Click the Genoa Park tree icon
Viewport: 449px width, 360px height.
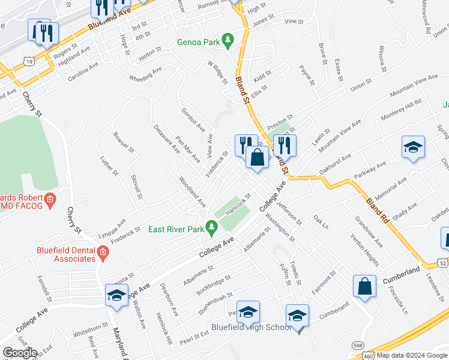228,40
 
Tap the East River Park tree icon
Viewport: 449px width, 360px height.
211,227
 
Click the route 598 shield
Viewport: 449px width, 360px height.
358,346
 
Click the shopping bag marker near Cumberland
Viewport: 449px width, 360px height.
365,286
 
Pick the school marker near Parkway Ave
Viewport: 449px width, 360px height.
413,148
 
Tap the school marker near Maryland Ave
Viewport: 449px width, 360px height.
116,295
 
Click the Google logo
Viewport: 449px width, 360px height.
19,353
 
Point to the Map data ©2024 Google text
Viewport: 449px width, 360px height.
412,355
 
